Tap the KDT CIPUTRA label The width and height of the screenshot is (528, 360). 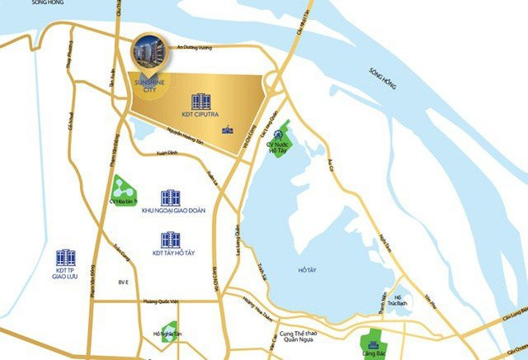(200, 115)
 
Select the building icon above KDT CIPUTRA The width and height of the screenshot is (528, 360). (200, 101)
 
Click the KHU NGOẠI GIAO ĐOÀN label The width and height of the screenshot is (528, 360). (172, 211)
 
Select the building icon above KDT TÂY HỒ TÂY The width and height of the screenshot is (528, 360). (171, 239)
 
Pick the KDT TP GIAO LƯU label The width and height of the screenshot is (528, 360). (65, 274)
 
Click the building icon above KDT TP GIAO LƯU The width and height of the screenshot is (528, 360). (65, 257)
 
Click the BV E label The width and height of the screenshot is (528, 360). (124, 282)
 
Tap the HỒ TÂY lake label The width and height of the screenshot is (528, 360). (306, 270)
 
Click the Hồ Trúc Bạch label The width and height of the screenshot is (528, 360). (399, 301)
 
